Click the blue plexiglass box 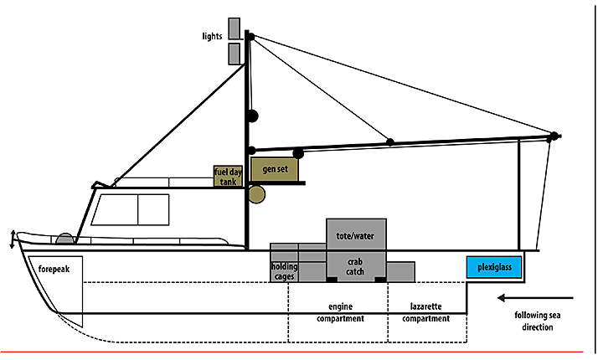pos(494,268)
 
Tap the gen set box pos(270,169)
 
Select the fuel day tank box pos(228,176)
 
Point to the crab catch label pos(355,266)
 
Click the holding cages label pos(284,271)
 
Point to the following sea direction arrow pos(533,297)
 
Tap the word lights pos(211,36)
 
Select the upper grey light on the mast pos(234,28)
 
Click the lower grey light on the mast pos(234,54)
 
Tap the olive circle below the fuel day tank pos(256,195)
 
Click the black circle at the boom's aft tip pos(553,136)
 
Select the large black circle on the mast pos(251,116)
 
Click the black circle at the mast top pos(250,36)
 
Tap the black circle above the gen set pos(297,152)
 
